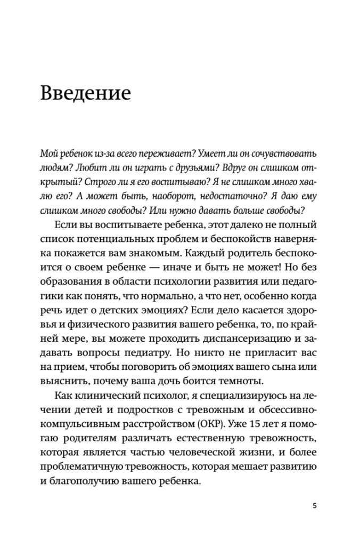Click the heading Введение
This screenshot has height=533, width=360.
(86, 92)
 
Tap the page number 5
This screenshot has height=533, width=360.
(315, 505)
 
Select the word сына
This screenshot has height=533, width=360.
(288, 367)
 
